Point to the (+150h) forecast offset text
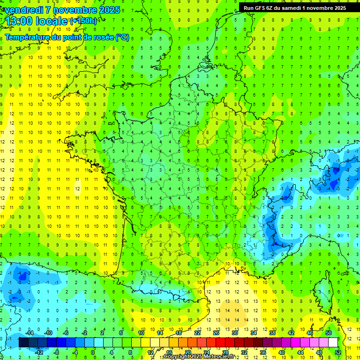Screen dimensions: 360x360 pos(83,21)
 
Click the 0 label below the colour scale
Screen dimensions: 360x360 pos(92,352)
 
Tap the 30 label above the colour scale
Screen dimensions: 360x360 pos(234,333)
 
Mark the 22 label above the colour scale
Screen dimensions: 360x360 pos(197,333)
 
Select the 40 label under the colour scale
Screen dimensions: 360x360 pos(282,352)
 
